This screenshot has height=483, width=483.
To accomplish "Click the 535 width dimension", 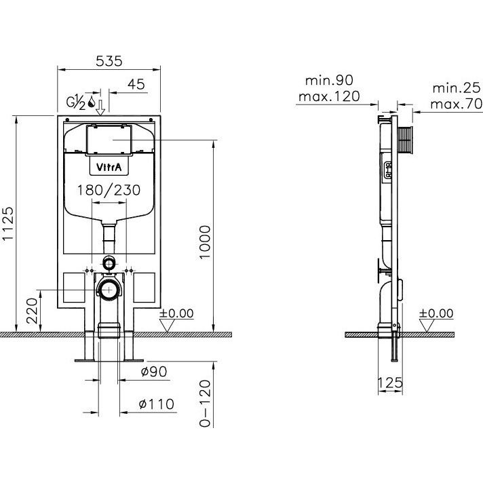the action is [x=109, y=61].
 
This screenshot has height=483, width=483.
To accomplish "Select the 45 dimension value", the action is [x=136, y=84].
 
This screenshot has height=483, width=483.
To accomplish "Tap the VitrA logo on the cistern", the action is [x=109, y=167].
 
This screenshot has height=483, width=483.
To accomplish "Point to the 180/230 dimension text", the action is [x=109, y=190].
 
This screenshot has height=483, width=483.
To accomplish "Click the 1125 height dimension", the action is [x=8, y=223].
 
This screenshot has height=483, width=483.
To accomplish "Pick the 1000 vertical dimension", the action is [x=205, y=242].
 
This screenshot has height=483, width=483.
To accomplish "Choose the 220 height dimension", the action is [x=32, y=311].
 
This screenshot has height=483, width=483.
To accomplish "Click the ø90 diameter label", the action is [x=154, y=372].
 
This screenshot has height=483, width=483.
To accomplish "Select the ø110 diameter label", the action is [x=157, y=404].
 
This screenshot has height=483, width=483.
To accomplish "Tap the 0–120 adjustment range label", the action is [x=205, y=404].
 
